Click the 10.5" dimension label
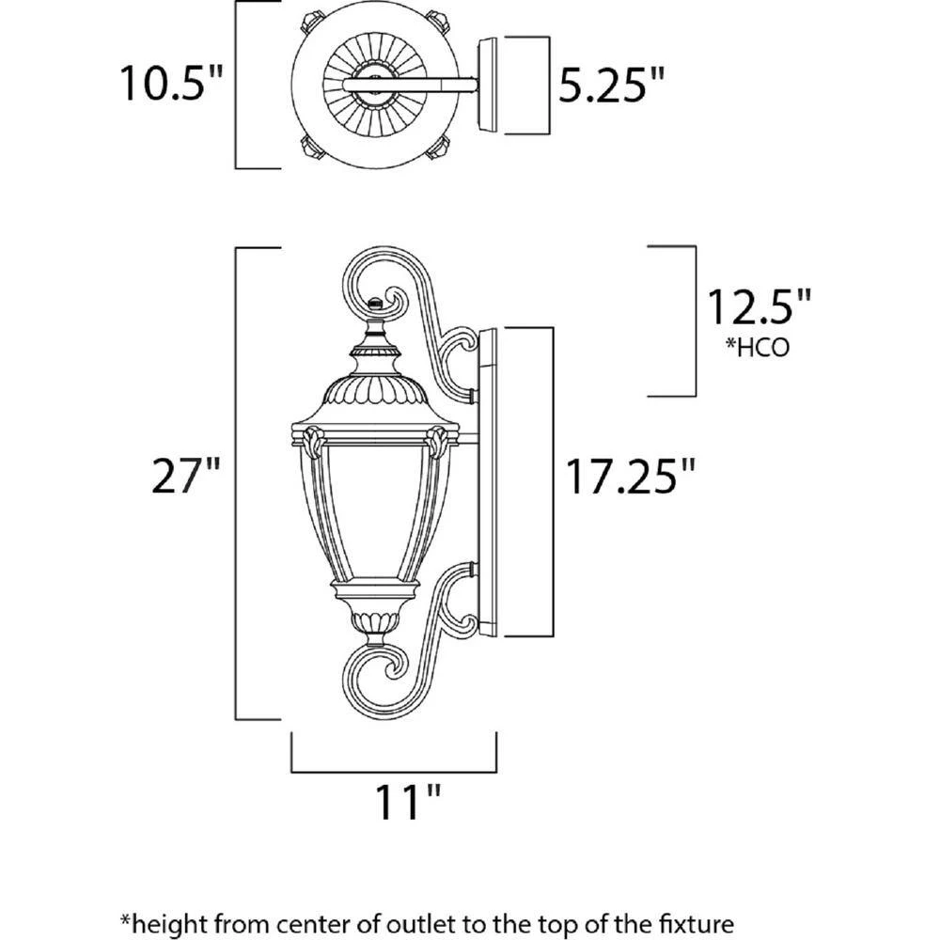[171, 83]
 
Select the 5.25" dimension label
[612, 85]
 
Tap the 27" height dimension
[186, 476]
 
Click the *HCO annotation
[758, 347]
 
